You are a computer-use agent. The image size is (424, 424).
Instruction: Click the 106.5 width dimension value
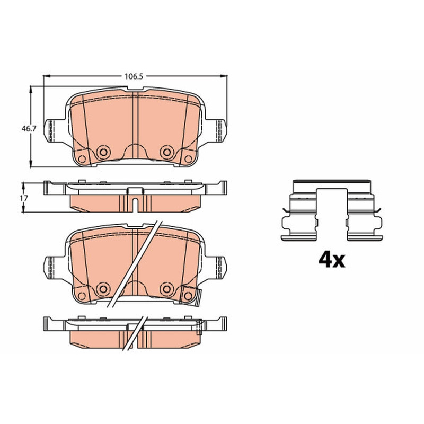(134, 76)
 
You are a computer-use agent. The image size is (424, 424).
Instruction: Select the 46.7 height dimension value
(29, 128)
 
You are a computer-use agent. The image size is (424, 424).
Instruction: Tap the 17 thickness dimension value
(23, 198)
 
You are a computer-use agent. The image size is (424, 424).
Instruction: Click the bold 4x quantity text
(332, 260)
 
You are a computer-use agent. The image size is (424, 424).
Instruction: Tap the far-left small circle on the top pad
(82, 160)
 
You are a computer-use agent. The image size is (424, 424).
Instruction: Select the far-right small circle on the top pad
(188, 160)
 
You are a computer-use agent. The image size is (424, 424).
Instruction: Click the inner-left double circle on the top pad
(103, 152)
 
